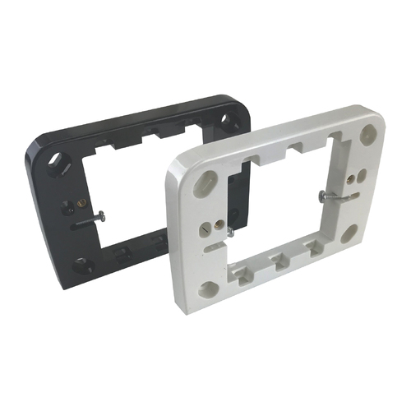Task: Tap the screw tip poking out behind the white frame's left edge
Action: pos(234,234)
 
